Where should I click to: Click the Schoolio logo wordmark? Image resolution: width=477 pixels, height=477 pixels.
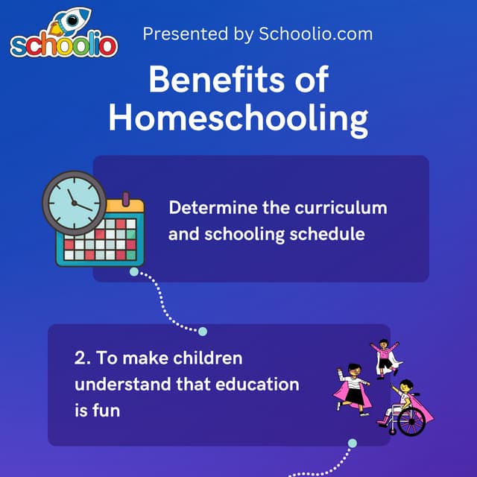pos(63,45)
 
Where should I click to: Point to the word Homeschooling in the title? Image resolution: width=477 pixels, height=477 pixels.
pos(238,119)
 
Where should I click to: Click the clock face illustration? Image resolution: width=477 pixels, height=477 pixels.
pos(74,201)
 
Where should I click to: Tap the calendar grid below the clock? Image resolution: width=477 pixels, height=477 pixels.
pos(101,238)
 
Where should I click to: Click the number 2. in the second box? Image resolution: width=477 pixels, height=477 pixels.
pos(82,358)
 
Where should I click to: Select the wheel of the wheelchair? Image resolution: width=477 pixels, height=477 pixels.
pos(411,422)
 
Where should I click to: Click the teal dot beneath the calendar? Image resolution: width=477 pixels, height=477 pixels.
pos(134,272)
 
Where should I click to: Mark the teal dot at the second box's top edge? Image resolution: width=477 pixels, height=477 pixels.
pos(202,332)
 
